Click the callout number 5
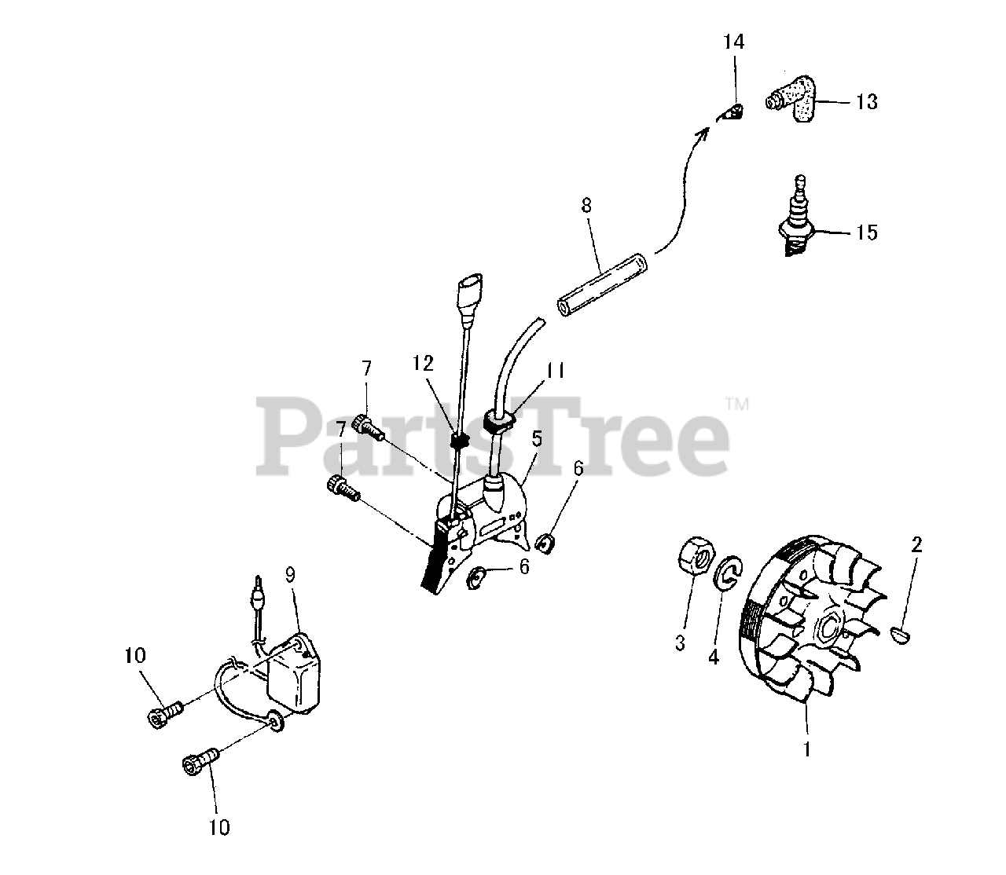point(536,438)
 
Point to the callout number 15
point(867,233)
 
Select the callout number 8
point(586,207)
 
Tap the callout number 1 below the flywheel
point(806,750)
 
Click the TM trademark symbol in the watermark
point(737,405)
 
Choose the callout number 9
point(290,574)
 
